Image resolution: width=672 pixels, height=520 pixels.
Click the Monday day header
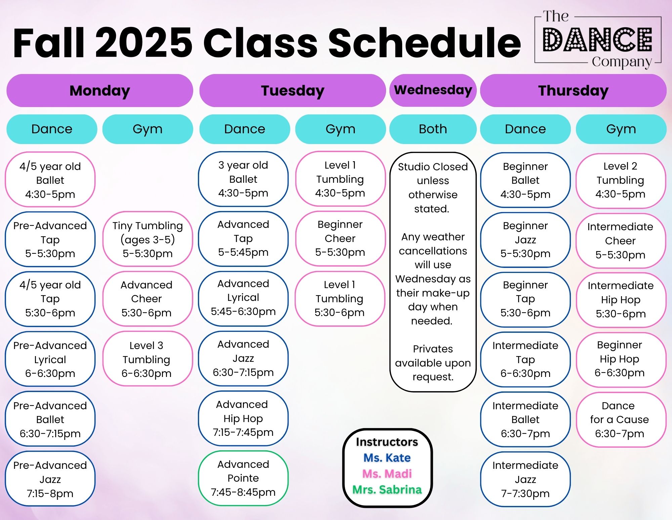point(100,91)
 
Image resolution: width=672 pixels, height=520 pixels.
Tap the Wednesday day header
point(433,90)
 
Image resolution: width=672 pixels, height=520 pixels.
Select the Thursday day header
point(573,91)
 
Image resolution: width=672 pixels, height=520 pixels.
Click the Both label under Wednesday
point(433,129)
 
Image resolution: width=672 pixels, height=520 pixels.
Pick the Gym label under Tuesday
point(340,129)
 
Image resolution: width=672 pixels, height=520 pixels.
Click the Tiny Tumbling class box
point(148,239)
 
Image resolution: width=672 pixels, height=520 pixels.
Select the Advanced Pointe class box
point(243,478)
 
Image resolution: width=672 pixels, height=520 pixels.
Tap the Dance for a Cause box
point(621,420)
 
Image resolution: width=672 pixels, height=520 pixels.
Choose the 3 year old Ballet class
point(243,179)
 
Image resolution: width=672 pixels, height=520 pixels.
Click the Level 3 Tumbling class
point(148,359)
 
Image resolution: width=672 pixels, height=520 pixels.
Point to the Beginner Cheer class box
point(340,238)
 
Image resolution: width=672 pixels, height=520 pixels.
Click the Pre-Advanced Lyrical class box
point(50,359)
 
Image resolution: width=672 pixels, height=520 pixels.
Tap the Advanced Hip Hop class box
point(243,418)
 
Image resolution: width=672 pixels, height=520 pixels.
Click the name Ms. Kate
point(387,458)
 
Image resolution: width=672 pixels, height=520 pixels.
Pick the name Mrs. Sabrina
point(387,490)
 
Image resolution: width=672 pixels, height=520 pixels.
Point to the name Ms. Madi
point(387,474)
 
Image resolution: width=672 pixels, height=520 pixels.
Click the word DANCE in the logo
point(598,40)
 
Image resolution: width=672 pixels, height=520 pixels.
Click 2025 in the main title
point(144,43)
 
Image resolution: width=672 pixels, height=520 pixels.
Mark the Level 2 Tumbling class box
point(621,181)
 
